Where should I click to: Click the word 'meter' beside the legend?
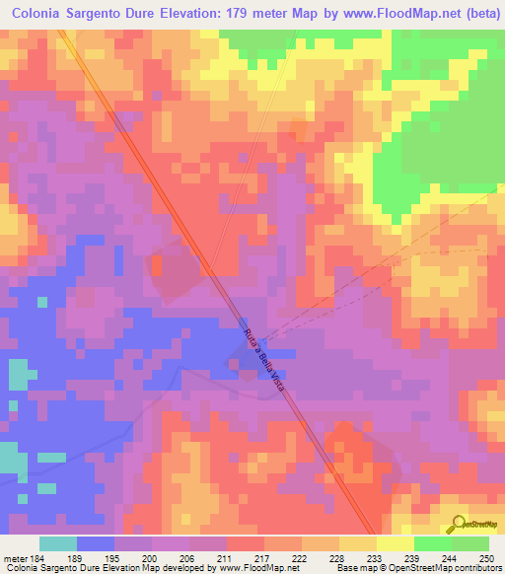pos(13,557)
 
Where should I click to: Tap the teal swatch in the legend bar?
pos(58,543)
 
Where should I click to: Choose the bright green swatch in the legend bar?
pos(433,543)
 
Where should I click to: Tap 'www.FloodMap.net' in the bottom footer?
pos(257,568)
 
